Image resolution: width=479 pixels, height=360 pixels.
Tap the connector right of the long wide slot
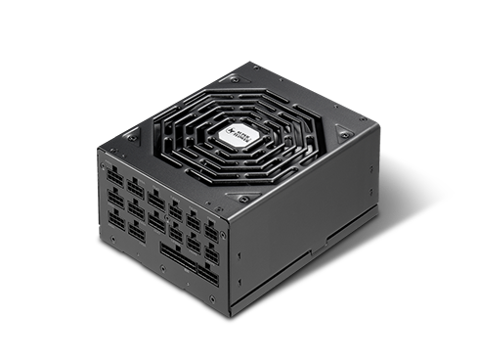(208, 266)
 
